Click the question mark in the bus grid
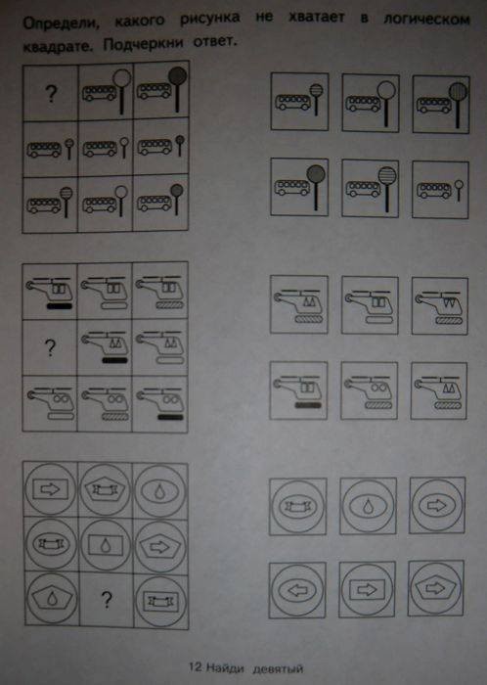pos(51,94)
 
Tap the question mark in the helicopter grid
pos(50,347)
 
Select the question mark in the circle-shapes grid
pos(106,600)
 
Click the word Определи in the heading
pos(61,23)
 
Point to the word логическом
pos(426,20)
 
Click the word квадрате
pos(58,46)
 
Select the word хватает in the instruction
pos(316,18)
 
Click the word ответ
pos(215,41)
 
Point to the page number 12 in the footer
pos(195,667)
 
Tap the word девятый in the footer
pos(278,668)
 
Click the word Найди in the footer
pos(225,667)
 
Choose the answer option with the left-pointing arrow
pos(297,590)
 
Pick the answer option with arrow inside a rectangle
pos(367,589)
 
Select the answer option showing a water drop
pos(368,506)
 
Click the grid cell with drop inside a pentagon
pos(52,598)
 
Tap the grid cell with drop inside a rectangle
pos(106,544)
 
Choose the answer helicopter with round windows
pos(369,390)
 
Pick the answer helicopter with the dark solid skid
pos(298,390)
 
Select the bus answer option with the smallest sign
pos(440,190)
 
